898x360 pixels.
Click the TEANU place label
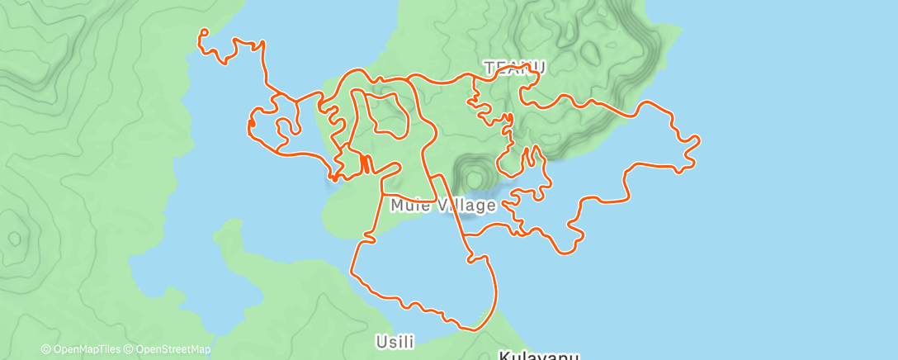coord(515,67)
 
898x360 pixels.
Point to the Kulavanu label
coord(538,356)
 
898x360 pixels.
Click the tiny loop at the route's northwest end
coord(203,33)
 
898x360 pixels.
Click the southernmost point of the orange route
coord(473,330)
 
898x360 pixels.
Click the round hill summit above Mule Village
coord(475,176)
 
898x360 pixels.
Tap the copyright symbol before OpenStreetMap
coord(130,350)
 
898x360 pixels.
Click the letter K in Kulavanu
coord(504,356)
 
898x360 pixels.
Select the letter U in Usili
coord(380,341)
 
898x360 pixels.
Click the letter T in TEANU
coord(489,67)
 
